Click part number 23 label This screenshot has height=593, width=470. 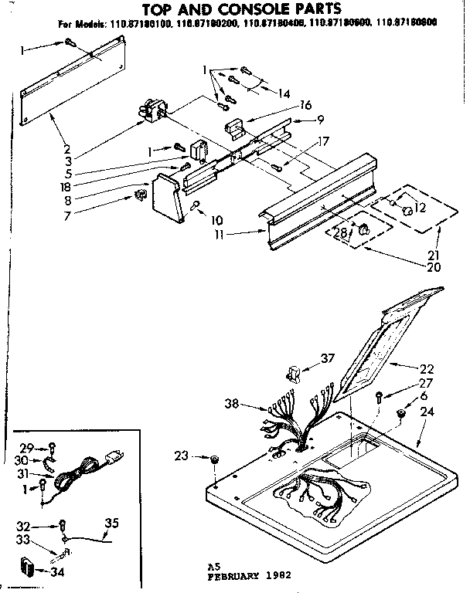pyautogui.click(x=182, y=456)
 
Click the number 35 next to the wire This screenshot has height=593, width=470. pyautogui.click(x=111, y=524)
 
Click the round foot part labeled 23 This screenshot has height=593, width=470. pyautogui.click(x=213, y=460)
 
